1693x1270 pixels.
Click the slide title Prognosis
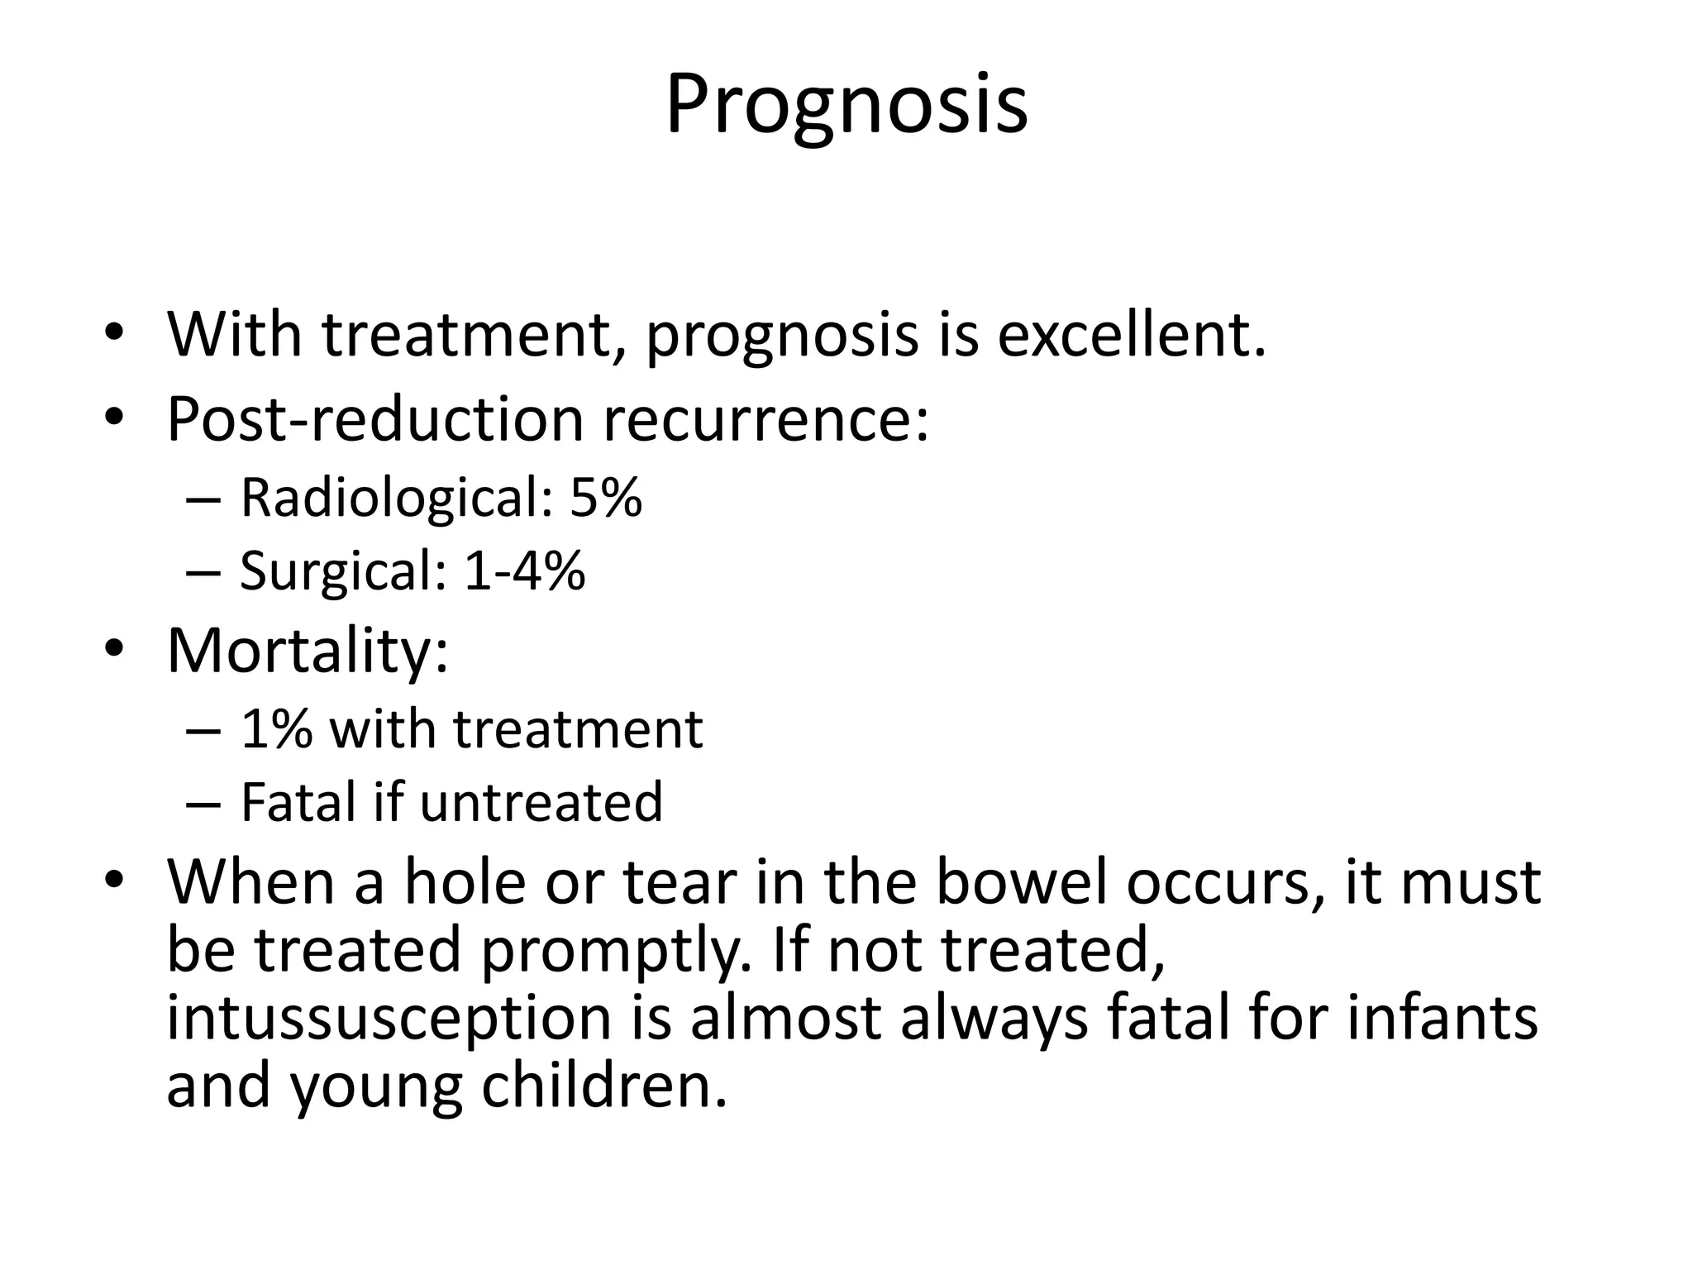pyautogui.click(x=846, y=106)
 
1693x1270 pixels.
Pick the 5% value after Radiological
pyautogui.click(x=605, y=498)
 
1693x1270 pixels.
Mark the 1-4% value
pyautogui.click(x=524, y=571)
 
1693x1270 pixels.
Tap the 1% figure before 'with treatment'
pyautogui.click(x=276, y=729)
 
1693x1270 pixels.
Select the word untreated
pyautogui.click(x=541, y=801)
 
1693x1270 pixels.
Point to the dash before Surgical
pyautogui.click(x=203, y=572)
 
